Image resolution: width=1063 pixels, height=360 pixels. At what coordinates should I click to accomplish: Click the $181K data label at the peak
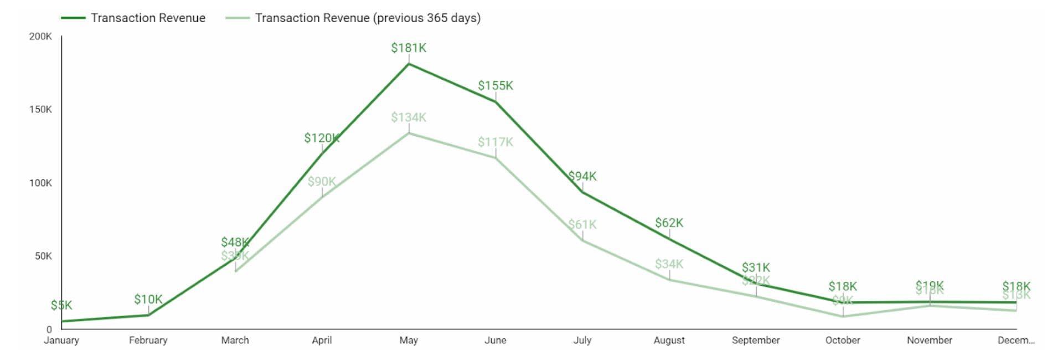(409, 48)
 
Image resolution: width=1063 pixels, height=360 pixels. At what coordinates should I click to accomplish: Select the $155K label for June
(496, 86)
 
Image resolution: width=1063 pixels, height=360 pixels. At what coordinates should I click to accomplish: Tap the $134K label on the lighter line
(409, 117)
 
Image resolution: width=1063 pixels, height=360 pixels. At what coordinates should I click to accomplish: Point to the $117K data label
(496, 142)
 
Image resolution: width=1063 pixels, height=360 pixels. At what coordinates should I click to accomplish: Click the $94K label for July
(582, 176)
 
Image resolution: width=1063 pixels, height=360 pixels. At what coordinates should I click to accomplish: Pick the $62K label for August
(669, 223)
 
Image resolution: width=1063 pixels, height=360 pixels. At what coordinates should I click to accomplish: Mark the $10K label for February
(148, 300)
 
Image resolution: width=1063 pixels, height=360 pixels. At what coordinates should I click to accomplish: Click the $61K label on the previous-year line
(582, 225)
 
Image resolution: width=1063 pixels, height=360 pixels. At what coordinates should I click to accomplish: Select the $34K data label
(669, 264)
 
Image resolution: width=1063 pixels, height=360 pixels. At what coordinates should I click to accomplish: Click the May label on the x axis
(409, 340)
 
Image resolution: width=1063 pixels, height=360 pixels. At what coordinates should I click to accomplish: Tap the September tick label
(756, 340)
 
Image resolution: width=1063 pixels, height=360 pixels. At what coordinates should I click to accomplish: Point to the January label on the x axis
(61, 340)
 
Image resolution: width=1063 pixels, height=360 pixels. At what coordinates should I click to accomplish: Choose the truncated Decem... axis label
(1016, 340)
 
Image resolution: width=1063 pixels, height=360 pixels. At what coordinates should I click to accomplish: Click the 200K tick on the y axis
(40, 37)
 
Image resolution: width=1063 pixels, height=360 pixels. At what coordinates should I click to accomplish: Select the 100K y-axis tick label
(40, 183)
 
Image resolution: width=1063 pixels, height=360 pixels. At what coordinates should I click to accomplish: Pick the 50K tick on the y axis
(43, 256)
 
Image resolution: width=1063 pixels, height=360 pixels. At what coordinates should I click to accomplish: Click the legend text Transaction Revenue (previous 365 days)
(368, 18)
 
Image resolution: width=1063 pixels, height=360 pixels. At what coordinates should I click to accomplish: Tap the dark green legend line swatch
(73, 18)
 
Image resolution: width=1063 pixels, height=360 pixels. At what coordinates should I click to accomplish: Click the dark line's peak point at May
(409, 64)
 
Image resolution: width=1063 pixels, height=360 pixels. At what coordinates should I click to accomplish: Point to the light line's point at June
(496, 158)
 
